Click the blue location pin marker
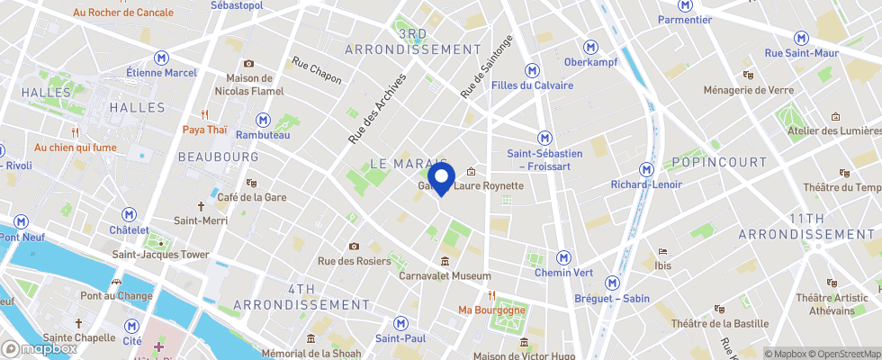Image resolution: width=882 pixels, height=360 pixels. click(x=440, y=176)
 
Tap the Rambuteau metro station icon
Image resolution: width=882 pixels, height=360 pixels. click(x=263, y=119)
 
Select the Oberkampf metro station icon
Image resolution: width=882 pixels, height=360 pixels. click(x=590, y=47)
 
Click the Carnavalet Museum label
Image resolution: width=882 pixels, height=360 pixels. click(x=445, y=275)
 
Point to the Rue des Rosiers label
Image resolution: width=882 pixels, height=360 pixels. click(x=354, y=261)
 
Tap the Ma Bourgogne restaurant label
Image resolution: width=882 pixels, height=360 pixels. click(x=491, y=310)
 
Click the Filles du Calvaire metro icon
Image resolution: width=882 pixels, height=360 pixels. click(x=533, y=69)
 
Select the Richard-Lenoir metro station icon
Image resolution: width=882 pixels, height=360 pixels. click(x=646, y=169)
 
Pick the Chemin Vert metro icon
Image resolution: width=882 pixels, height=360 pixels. click(x=563, y=257)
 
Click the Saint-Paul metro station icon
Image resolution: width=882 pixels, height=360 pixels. click(x=401, y=323)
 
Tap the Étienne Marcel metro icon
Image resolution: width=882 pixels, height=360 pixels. click(x=161, y=56)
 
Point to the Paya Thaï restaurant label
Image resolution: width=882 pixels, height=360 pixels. click(x=205, y=129)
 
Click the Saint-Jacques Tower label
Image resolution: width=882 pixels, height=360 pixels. click(x=160, y=254)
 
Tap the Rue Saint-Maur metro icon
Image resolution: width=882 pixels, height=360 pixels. click(x=801, y=38)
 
